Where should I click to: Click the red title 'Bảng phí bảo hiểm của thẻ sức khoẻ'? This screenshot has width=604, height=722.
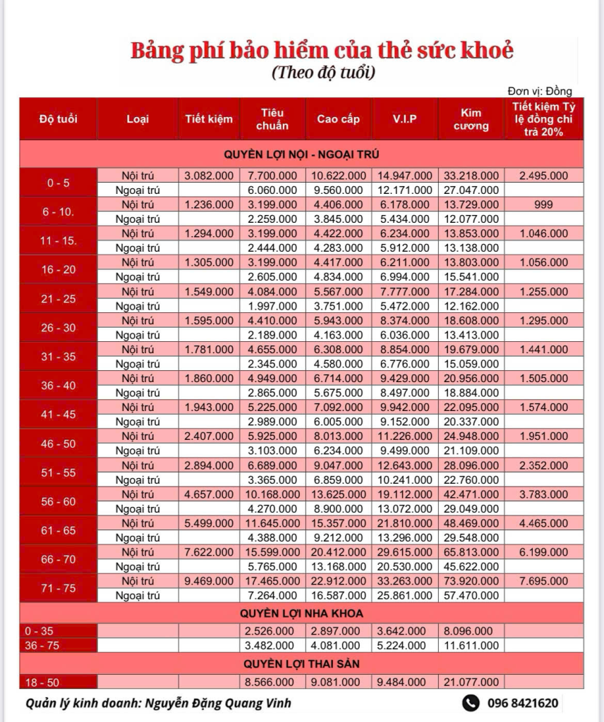coord(322,51)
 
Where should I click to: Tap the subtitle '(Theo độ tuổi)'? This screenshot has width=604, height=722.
coord(322,72)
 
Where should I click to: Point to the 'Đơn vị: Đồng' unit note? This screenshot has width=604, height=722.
coord(540,90)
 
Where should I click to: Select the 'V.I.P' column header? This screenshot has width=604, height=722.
coord(404,118)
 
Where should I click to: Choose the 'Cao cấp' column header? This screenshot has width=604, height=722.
coord(338,118)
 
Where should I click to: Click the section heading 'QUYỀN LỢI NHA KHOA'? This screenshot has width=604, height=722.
coord(303,613)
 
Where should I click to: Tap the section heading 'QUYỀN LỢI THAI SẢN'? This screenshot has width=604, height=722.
coord(303,663)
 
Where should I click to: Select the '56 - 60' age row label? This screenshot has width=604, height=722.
coord(58,501)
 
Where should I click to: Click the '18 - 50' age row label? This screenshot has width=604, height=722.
coord(42,682)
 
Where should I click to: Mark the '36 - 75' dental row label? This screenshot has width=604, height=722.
coord(42,645)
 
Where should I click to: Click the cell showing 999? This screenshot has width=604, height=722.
coord(544,204)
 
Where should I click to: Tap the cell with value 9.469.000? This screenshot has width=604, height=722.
coord(208,580)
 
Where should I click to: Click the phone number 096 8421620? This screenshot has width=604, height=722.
coord(523,702)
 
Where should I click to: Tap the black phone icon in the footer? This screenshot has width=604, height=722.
coord(471,702)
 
